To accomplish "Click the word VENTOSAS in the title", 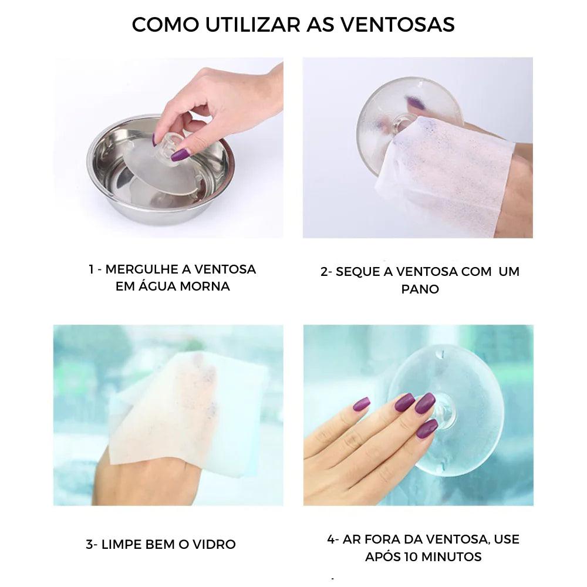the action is (397, 24).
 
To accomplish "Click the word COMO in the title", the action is (166, 24).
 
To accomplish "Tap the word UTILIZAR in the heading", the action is (253, 24).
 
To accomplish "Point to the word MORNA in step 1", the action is (205, 286).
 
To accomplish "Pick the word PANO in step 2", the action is (420, 289).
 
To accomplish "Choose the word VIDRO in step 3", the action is (214, 544).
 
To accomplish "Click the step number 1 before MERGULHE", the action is (91, 269).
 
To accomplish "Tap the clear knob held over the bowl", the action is (172, 144).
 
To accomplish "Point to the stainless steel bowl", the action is (161, 170).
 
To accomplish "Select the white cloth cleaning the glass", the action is (187, 416).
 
